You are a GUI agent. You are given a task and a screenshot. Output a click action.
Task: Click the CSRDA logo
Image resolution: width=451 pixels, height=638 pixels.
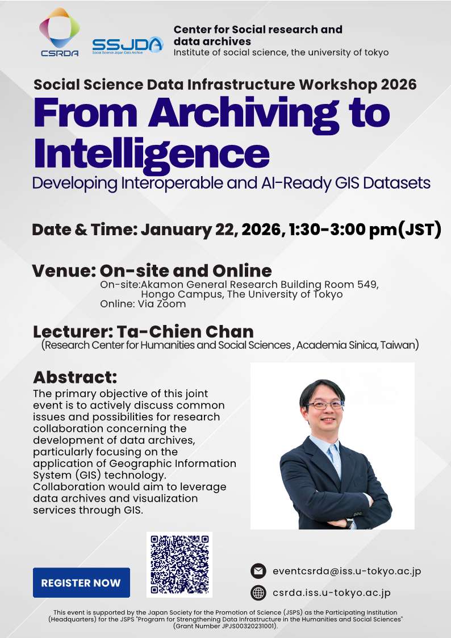(x=60, y=32)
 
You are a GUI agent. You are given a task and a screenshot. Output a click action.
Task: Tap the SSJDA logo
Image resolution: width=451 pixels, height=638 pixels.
(x=128, y=45)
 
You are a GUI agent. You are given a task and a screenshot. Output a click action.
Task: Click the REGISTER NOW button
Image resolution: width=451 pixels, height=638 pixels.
(x=81, y=583)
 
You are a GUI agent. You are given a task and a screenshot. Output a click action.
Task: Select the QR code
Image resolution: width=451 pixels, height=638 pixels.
(x=179, y=564)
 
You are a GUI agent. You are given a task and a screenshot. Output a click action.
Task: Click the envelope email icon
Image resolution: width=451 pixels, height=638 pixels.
(x=258, y=571)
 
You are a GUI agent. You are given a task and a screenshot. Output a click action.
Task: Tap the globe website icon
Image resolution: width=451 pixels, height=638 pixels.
(x=258, y=593)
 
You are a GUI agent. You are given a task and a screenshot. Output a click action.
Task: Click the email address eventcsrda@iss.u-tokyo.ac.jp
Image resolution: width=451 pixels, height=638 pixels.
(x=347, y=571)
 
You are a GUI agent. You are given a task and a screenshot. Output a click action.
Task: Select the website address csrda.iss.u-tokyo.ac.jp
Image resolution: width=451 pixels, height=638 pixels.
(x=332, y=593)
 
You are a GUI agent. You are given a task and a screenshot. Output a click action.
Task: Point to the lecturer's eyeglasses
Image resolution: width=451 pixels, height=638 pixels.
(x=325, y=405)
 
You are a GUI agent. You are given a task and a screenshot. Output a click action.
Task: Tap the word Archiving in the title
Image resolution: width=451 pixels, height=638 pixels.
(x=243, y=112)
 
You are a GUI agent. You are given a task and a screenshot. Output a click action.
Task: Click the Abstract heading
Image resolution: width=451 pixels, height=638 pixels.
(x=75, y=377)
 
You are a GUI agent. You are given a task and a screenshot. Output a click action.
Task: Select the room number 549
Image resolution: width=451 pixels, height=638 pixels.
(x=368, y=285)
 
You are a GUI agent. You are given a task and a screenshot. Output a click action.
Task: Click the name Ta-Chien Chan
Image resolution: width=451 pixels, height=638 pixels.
(x=185, y=332)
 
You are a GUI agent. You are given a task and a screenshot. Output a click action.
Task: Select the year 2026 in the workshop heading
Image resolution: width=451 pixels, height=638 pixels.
(x=399, y=84)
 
